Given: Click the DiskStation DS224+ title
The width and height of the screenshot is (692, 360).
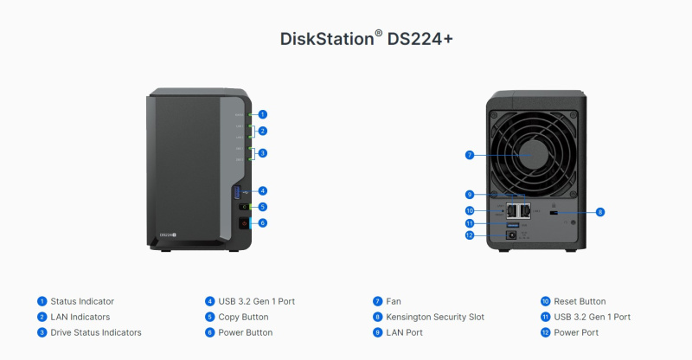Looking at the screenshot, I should [x=345, y=39].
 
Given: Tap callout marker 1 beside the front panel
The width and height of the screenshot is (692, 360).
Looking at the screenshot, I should [x=262, y=114].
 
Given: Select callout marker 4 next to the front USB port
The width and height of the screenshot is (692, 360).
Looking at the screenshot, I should [x=262, y=190].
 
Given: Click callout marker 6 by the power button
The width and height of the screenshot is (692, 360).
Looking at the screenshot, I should [x=262, y=222].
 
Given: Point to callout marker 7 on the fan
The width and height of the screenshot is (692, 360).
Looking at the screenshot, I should [x=470, y=155].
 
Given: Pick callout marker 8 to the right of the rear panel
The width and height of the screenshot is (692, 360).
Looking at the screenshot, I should [x=599, y=211].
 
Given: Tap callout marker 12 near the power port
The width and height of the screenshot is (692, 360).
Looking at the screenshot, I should [x=470, y=235].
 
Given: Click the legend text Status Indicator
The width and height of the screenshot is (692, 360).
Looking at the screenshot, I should [x=82, y=301].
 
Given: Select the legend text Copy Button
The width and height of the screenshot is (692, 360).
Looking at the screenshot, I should [x=244, y=317].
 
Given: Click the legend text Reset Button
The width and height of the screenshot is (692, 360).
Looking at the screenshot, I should [x=580, y=301].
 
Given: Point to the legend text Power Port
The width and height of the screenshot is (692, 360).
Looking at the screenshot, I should [x=577, y=332].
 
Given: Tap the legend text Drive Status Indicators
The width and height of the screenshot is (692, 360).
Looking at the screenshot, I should [x=96, y=332].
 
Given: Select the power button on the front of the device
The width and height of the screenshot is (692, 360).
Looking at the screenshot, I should [x=242, y=222].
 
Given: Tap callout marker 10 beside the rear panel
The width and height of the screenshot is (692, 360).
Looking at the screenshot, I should [x=470, y=210].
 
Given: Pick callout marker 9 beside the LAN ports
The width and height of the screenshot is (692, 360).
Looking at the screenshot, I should [x=470, y=194].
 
